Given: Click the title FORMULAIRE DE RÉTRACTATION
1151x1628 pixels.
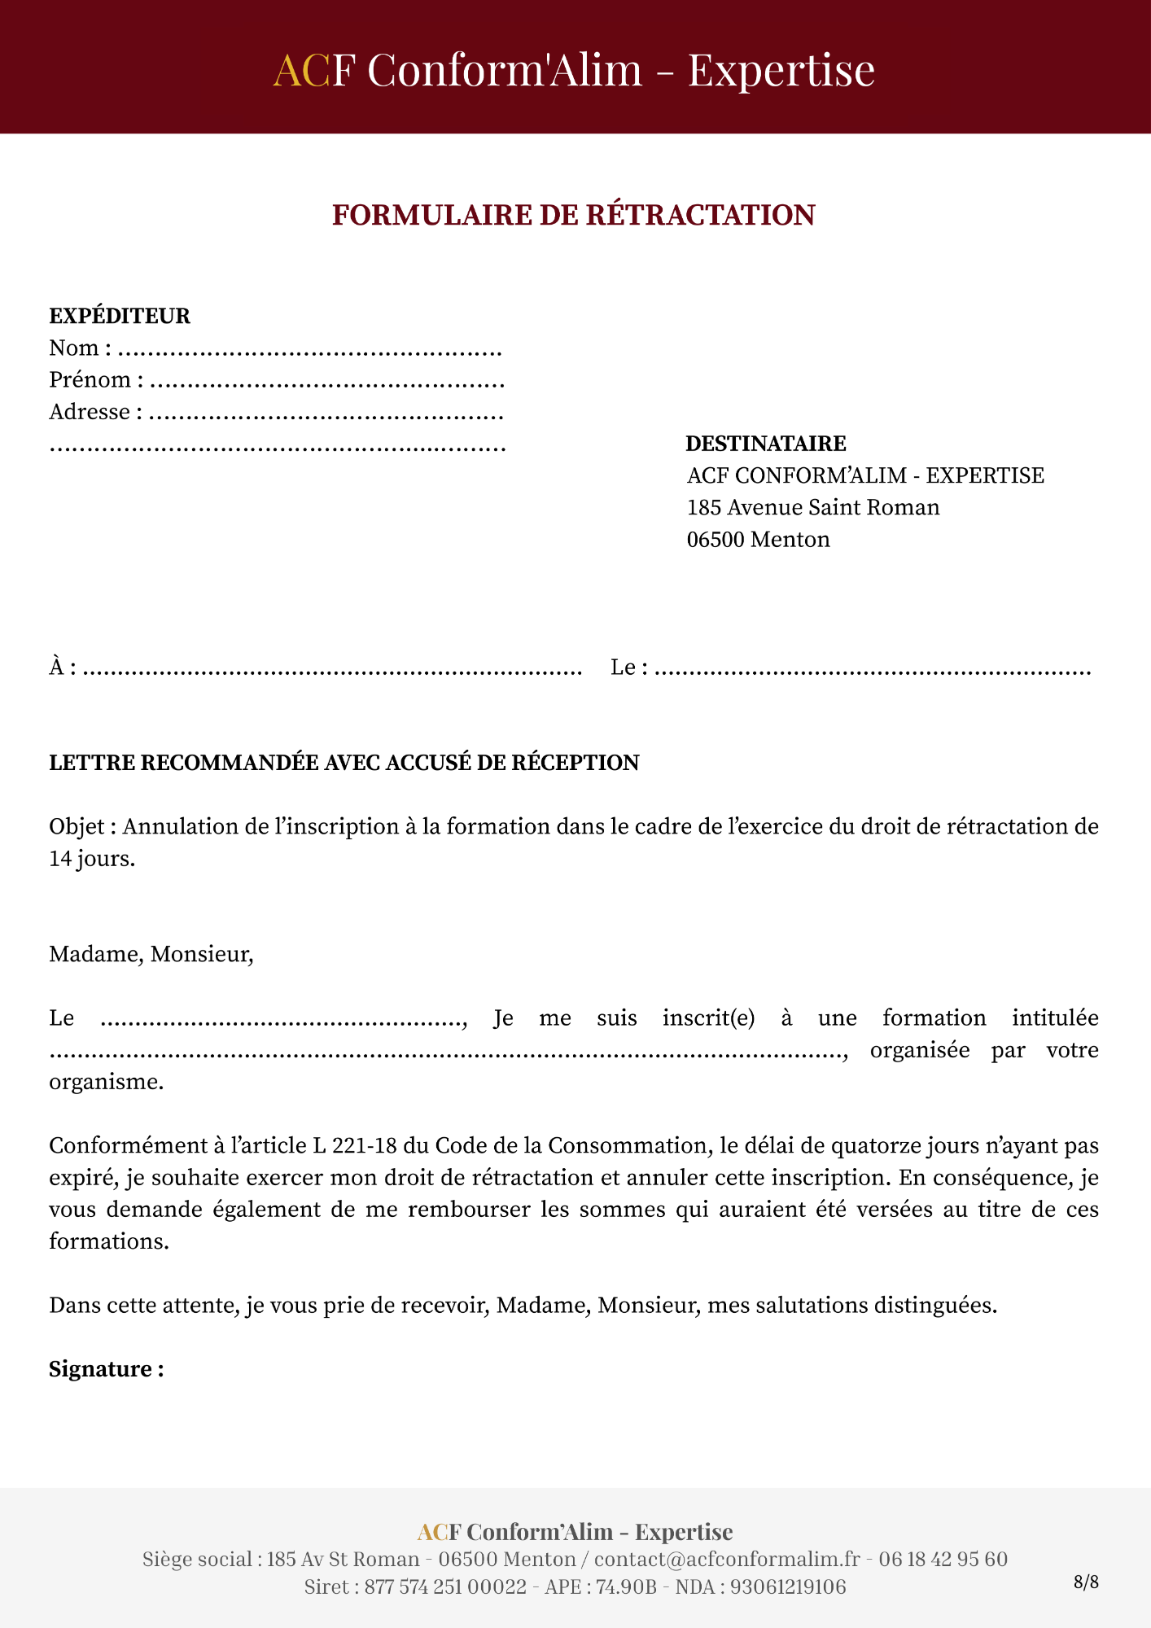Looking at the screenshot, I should coord(574,215).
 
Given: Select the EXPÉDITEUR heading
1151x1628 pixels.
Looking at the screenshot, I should coord(120,316).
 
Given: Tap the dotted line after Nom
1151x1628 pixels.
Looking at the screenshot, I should coord(309,352).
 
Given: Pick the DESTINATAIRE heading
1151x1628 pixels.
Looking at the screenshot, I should coord(766,444).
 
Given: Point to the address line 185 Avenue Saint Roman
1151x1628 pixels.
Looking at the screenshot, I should coord(813,507).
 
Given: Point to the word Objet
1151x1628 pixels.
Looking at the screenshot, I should coord(77,827).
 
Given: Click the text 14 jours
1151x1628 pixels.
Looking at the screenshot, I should coord(92,859).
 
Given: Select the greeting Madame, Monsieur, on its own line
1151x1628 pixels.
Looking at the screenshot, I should coord(151,954).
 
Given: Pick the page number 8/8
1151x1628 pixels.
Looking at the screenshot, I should coord(1086,1582).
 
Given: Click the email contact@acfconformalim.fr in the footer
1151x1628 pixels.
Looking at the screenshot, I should coord(727,1559).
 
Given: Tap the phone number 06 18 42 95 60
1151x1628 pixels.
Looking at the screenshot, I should coord(943,1559).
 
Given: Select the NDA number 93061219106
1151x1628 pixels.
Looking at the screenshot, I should coord(788,1586).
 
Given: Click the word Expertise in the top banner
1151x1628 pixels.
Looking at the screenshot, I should coord(781,70).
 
